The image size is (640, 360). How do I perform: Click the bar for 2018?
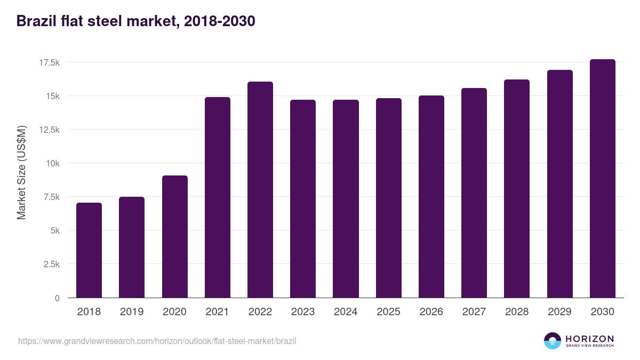click(x=89, y=250)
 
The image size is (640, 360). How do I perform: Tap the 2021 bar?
click(x=218, y=197)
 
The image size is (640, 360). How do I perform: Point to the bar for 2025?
click(x=389, y=198)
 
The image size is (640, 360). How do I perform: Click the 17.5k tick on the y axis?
click(x=49, y=63)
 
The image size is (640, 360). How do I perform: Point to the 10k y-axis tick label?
click(x=52, y=164)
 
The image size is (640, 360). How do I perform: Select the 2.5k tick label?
click(x=51, y=265)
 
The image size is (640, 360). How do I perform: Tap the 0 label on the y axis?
click(x=58, y=298)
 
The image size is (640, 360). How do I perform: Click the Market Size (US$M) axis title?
click(x=21, y=172)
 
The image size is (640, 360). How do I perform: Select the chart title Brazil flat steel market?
click(x=136, y=21)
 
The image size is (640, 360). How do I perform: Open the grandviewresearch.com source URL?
click(x=157, y=341)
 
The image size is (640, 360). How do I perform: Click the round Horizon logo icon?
click(x=553, y=341)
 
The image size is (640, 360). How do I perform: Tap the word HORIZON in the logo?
click(x=589, y=338)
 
